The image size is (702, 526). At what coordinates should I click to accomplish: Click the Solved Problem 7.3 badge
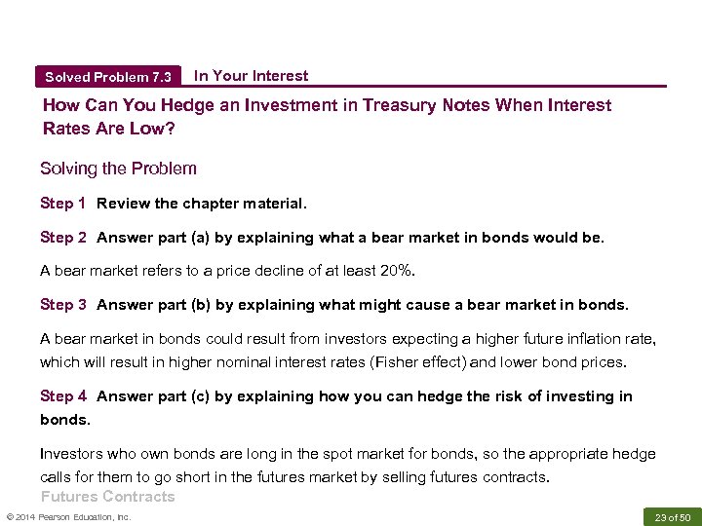tap(107, 77)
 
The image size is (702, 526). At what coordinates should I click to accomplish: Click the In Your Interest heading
tap(251, 76)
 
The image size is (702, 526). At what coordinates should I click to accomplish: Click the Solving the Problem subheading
tap(118, 169)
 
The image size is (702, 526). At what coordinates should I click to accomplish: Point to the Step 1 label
tap(63, 204)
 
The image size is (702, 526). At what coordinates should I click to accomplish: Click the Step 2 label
tap(63, 238)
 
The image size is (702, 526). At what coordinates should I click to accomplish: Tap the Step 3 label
tap(63, 305)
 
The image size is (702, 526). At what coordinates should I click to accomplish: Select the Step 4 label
tap(63, 396)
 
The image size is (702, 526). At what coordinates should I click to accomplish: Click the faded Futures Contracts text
tap(107, 497)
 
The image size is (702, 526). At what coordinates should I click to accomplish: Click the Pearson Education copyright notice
tap(68, 516)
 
